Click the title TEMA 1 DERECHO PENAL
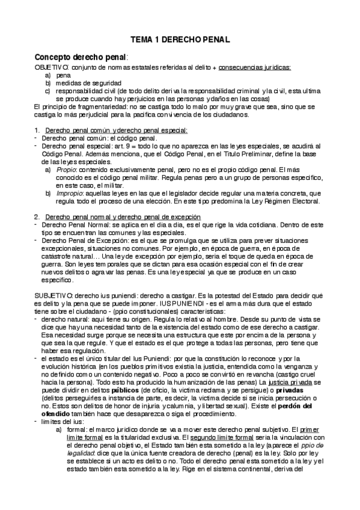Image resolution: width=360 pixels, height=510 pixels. pos(180,40)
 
